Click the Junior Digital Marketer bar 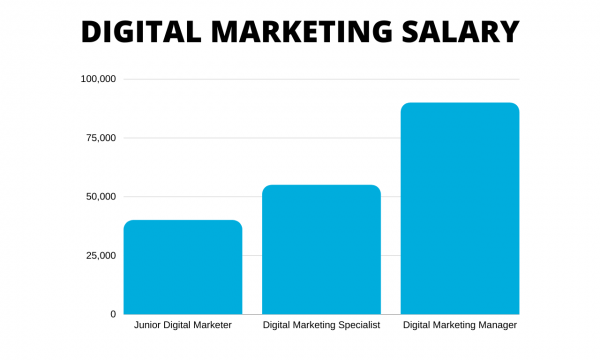pos(183,267)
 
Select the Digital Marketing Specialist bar pos(321,249)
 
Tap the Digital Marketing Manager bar pos(459,208)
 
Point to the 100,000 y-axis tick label pos(98,79)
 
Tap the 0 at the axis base pos(113,314)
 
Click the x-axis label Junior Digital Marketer pos(183,326)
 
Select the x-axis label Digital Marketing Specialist pos(321,326)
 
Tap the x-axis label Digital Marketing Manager pos(459,326)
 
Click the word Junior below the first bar pos(150,326)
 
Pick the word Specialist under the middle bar pos(359,326)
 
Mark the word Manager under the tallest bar pos(497,326)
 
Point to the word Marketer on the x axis pos(212,326)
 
